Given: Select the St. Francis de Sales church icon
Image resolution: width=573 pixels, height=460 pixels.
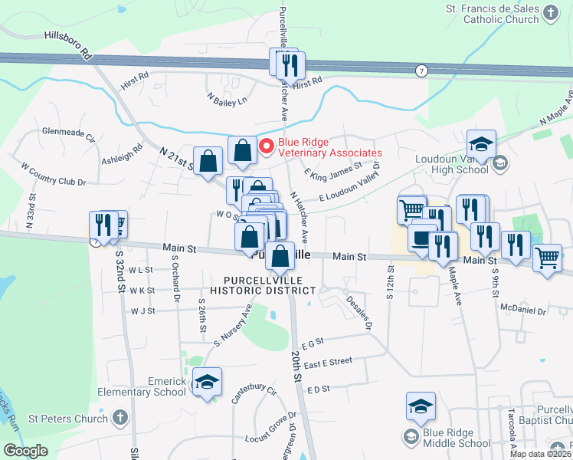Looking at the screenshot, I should coord(550,13).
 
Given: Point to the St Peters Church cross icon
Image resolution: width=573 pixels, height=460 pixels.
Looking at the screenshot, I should coord(119,418).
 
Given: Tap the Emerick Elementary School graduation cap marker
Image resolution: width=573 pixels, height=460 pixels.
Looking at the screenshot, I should coord(206,382).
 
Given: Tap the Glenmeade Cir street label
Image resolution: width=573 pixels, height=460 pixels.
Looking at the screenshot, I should coord(68,131).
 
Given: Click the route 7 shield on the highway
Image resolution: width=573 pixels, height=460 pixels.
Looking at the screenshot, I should coord(421,71).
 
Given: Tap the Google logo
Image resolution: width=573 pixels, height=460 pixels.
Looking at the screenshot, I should coord(25,451).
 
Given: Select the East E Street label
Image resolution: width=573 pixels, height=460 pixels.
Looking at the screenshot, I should coord(327,361).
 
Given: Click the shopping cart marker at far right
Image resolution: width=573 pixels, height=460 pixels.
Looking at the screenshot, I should coord(547,258).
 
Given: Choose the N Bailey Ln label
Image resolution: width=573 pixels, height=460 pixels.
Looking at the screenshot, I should coord(228,98).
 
